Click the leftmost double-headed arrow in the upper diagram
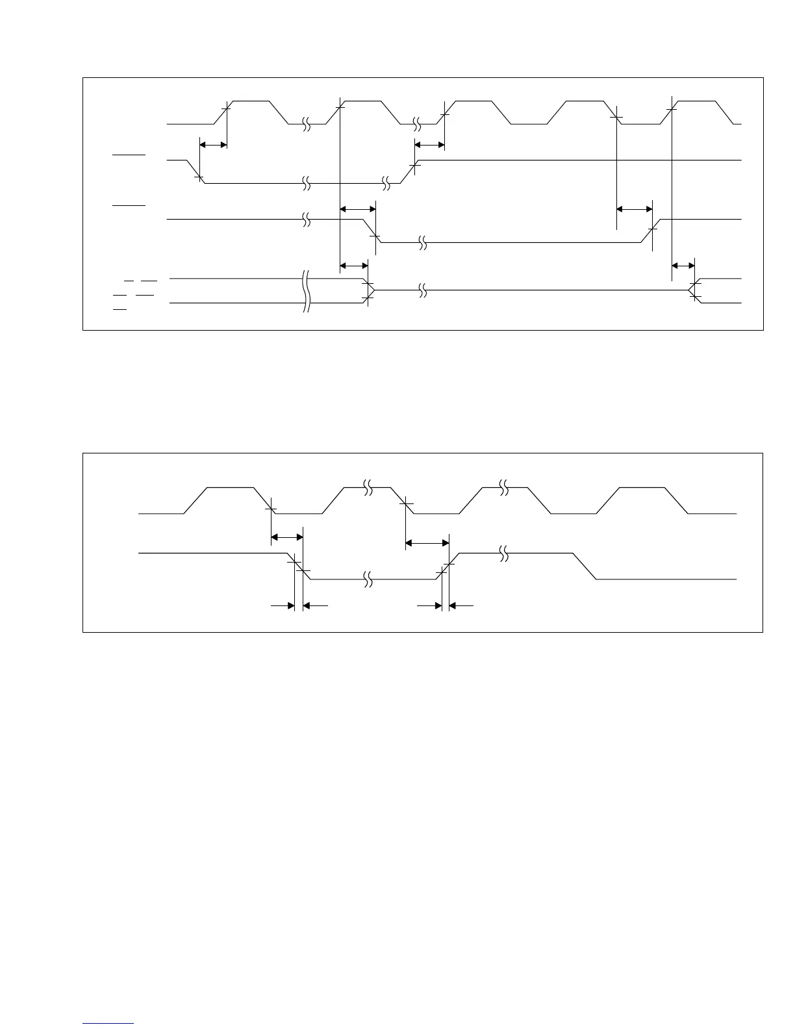click(x=213, y=144)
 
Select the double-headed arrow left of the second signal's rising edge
click(x=429, y=144)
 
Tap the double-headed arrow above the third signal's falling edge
click(x=358, y=209)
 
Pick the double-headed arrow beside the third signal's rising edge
click(x=634, y=209)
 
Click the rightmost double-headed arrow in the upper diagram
click(x=683, y=265)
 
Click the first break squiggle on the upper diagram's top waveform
click(x=307, y=123)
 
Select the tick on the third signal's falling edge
click(x=374, y=236)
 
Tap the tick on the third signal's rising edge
click(x=653, y=228)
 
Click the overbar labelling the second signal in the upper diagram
click(x=129, y=156)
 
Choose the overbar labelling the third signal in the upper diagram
click(x=129, y=205)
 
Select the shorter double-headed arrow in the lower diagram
click(x=286, y=537)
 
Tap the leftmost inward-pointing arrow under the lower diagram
click(x=283, y=605)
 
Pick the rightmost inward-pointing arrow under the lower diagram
click(x=461, y=605)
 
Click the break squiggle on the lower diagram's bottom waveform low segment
click(x=368, y=579)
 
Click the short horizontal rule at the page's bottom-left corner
click(x=108, y=1023)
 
